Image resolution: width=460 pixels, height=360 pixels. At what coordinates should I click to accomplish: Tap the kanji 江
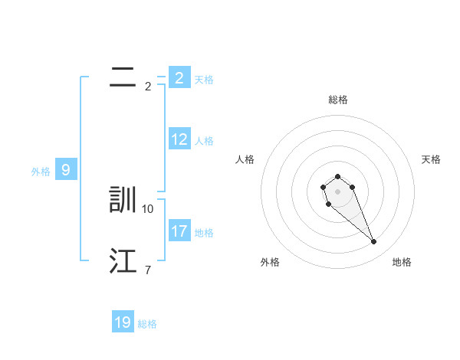[x=123, y=261]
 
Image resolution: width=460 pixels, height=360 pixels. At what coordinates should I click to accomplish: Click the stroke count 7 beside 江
[x=147, y=270]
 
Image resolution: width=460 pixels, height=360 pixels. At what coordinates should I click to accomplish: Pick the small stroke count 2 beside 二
[x=147, y=87]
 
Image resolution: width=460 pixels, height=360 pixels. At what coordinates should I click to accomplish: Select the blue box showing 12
[x=179, y=139]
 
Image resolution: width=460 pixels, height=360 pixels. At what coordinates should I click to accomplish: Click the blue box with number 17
[x=179, y=231]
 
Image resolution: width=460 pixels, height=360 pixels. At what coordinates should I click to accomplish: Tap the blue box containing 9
[x=66, y=170]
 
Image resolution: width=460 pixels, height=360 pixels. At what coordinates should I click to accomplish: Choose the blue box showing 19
[x=123, y=322]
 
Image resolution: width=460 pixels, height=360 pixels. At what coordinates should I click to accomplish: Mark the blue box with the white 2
[x=179, y=78]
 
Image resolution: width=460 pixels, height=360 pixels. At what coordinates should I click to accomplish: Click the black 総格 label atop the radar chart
[x=338, y=100]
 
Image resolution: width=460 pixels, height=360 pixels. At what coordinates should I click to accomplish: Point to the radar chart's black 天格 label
[x=431, y=159]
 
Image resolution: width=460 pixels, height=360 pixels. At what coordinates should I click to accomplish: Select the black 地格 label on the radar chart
[x=402, y=263]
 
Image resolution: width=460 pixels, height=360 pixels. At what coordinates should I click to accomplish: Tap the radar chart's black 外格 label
[x=270, y=263]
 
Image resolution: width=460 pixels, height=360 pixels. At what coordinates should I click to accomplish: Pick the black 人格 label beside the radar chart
[x=245, y=159]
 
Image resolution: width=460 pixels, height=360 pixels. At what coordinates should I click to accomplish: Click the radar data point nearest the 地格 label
[x=373, y=242]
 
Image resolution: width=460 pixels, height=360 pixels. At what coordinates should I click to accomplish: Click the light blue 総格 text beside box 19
[x=147, y=324]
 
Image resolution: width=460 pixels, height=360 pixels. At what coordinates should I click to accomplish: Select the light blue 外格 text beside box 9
[x=41, y=172]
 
